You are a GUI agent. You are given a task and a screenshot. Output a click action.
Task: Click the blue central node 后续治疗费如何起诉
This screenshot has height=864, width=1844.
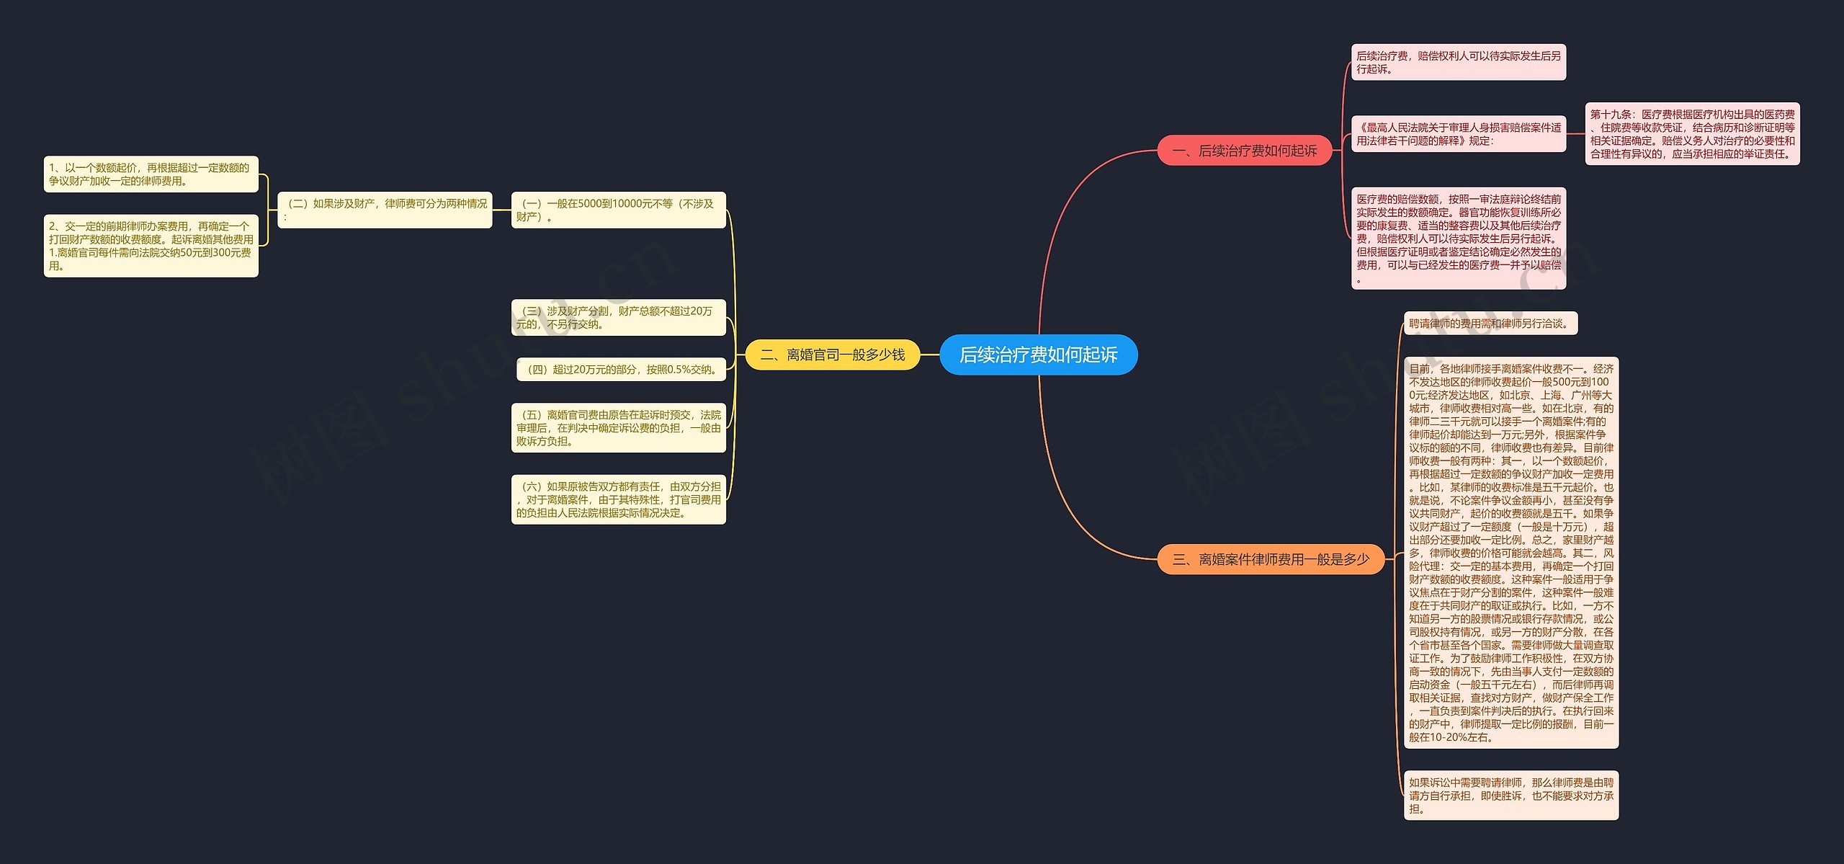[1038, 355]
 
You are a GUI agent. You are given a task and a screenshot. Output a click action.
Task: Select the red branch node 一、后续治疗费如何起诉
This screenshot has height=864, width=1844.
[1244, 151]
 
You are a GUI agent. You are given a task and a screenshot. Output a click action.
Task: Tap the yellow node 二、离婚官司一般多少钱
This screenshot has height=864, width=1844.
[832, 355]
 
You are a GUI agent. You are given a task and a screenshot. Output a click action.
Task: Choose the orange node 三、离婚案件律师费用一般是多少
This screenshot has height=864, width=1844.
[1270, 559]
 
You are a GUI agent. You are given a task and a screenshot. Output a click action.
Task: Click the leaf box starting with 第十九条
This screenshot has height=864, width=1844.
[1692, 134]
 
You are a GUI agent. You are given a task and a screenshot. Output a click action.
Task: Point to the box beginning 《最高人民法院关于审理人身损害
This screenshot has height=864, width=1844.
[1458, 134]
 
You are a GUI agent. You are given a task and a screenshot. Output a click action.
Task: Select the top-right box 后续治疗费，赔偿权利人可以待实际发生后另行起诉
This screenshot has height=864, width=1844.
[1458, 62]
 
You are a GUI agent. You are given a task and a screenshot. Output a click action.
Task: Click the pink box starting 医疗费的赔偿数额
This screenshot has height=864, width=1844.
[1458, 238]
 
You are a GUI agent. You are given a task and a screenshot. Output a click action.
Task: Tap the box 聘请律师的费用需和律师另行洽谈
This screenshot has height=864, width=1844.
[1490, 324]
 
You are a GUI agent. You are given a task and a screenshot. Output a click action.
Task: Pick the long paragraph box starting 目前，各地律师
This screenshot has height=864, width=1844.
[1510, 553]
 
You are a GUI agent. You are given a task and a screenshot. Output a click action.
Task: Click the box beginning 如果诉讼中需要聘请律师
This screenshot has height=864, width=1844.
[1510, 796]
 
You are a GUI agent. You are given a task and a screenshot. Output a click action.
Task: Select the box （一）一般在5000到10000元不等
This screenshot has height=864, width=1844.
[618, 210]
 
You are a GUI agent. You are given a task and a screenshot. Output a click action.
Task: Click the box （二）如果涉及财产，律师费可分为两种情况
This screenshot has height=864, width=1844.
[385, 210]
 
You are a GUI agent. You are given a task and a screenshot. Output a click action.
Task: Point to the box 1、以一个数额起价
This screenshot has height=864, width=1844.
[151, 174]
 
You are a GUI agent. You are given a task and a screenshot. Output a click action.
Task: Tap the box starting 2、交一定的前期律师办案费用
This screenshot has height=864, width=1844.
[151, 246]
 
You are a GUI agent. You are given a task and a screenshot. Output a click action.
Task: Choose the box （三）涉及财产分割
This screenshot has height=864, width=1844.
[618, 317]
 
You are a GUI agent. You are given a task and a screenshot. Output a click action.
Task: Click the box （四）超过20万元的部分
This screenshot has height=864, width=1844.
[621, 370]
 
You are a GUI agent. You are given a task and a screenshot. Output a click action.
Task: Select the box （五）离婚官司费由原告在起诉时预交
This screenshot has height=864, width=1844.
[618, 427]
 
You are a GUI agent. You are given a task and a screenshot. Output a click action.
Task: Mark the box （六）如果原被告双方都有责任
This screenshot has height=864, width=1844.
[618, 499]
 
